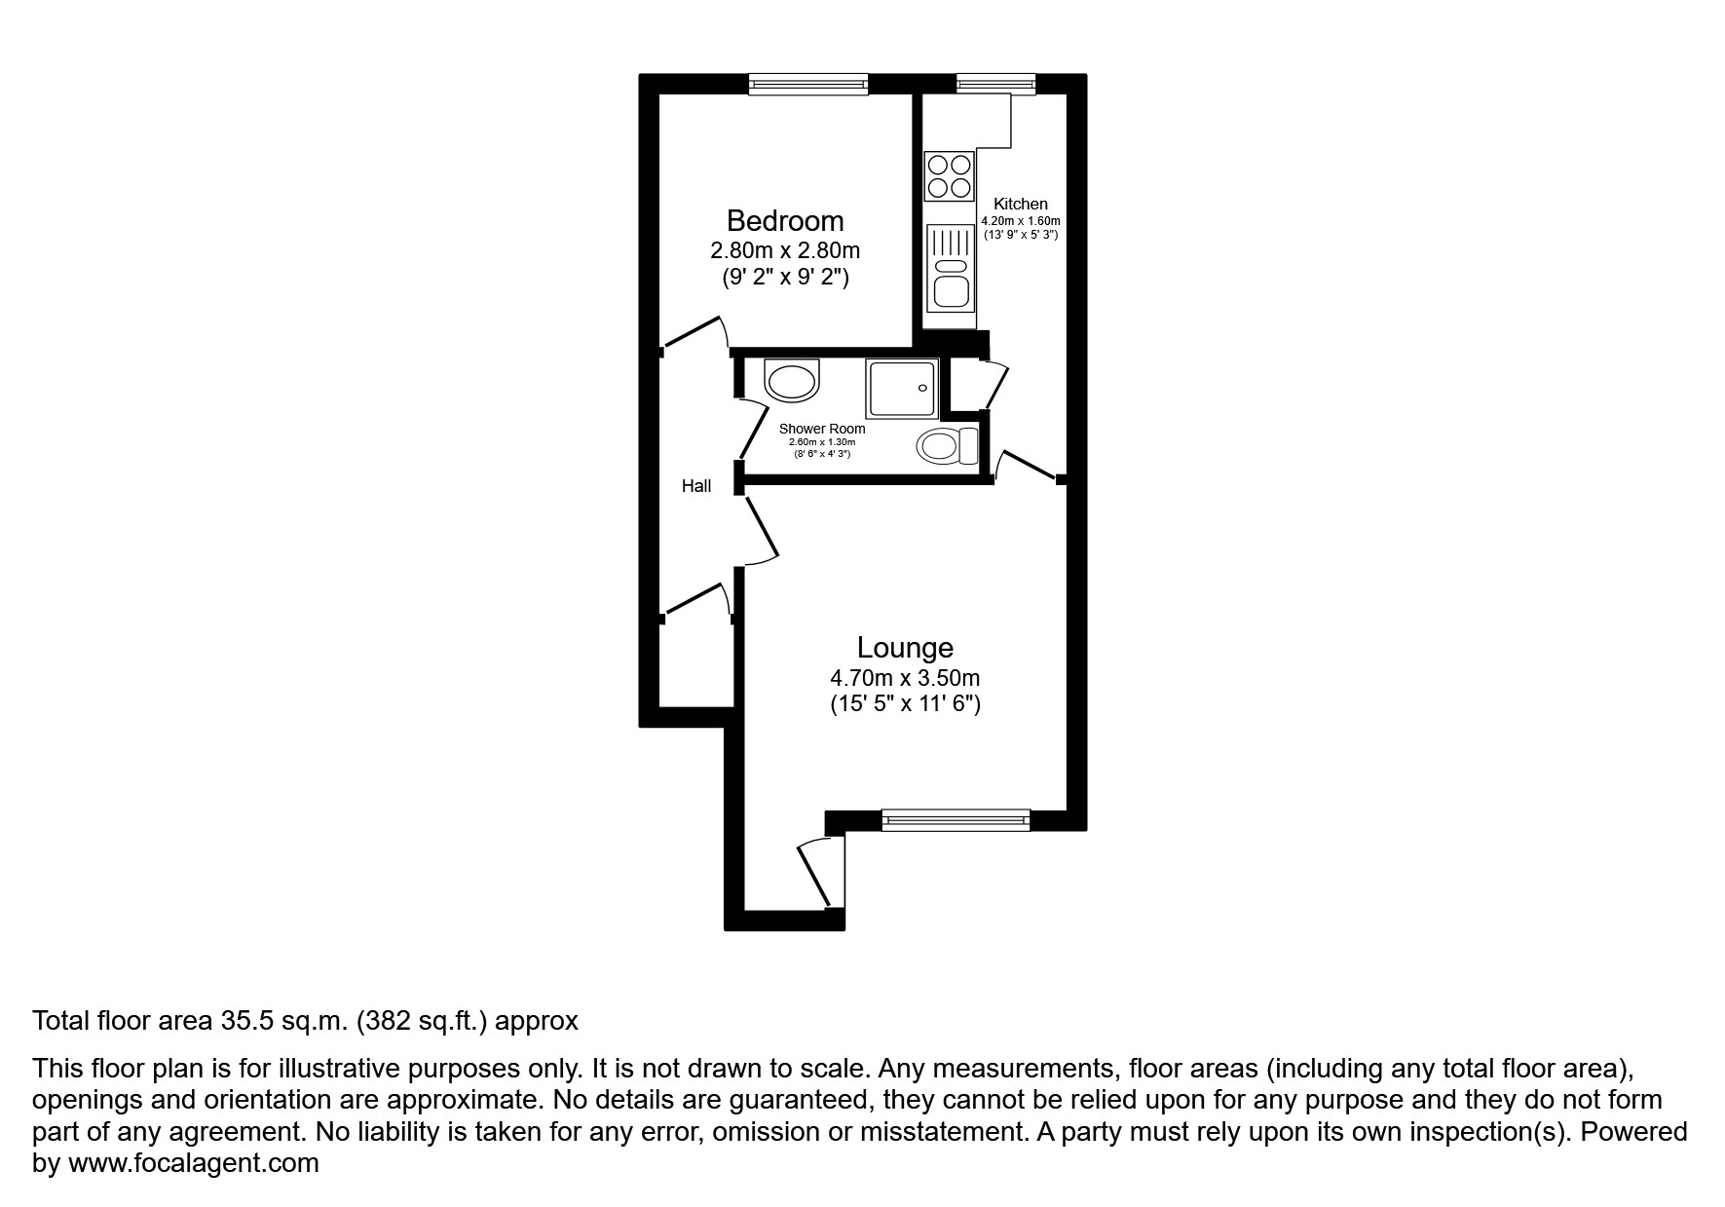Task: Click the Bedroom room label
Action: [784, 221]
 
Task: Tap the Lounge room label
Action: [904, 648]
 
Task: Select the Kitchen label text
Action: [1020, 204]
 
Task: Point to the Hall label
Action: [695, 486]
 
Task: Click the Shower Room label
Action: [821, 429]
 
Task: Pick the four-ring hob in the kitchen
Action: [949, 176]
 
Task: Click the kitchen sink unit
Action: [950, 267]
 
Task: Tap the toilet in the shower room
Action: [946, 446]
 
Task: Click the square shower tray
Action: [902, 389]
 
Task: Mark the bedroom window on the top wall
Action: [807, 85]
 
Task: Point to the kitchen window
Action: [995, 85]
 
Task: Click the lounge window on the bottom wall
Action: [955, 820]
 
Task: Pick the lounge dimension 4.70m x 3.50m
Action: [904, 677]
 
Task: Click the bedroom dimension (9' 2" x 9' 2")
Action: [784, 278]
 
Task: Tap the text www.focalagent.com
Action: [193, 1163]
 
